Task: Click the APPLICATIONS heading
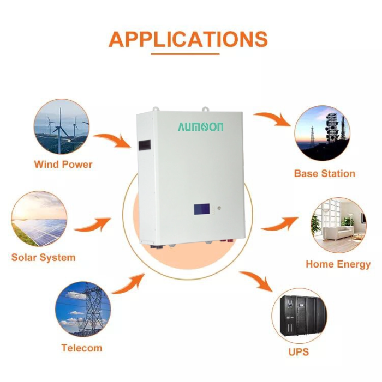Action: click(x=188, y=39)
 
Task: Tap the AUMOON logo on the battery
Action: click(x=200, y=127)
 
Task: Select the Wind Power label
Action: click(x=63, y=165)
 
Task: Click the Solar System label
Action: click(x=44, y=258)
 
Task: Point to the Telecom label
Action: click(x=82, y=348)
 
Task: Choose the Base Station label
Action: click(x=325, y=174)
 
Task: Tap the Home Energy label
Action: click(x=338, y=265)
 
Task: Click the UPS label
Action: click(x=299, y=352)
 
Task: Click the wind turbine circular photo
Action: click(x=62, y=126)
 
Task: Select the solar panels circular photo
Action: click(x=39, y=219)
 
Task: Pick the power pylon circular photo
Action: click(x=83, y=310)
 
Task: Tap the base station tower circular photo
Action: click(x=322, y=133)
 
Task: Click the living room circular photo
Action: click(x=338, y=225)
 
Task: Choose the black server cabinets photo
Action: click(x=299, y=316)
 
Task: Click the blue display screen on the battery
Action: click(x=202, y=209)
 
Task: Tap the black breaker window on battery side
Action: click(x=145, y=145)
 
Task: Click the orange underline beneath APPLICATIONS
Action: click(x=185, y=54)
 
